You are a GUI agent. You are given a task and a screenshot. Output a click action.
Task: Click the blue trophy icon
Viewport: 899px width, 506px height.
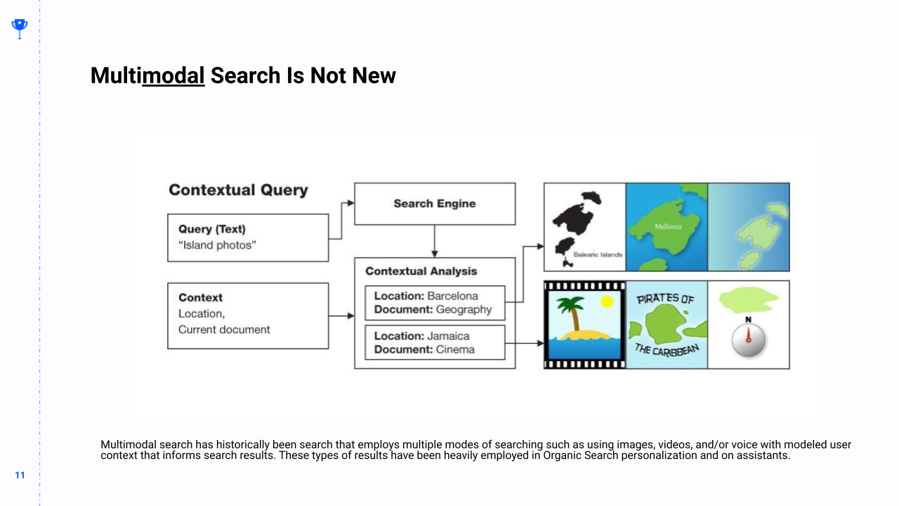coord(19,29)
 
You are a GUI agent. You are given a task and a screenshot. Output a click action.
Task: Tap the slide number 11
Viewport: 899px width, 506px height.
coord(20,475)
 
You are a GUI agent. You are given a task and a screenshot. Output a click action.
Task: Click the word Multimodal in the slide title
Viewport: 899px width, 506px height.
coord(147,75)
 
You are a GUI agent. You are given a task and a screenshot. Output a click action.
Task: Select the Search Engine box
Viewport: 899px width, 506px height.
coord(435,204)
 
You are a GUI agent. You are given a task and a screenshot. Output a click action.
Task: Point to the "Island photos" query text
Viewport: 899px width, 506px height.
coord(217,245)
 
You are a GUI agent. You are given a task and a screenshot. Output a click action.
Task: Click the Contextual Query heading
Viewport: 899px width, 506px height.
coord(238,190)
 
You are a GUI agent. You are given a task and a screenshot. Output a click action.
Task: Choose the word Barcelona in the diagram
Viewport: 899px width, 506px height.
coord(453,296)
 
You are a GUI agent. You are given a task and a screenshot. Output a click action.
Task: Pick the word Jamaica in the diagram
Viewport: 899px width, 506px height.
coord(448,336)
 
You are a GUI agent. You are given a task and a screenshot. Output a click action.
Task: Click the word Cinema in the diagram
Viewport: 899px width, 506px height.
coord(455,349)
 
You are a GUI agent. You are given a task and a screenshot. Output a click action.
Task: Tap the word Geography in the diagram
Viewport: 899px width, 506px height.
coord(464,310)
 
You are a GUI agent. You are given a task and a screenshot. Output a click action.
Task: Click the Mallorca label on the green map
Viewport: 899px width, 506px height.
coord(668,226)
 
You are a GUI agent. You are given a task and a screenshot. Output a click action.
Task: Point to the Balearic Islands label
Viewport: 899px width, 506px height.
coord(598,254)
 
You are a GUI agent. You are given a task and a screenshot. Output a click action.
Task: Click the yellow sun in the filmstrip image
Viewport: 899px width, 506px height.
coord(607,301)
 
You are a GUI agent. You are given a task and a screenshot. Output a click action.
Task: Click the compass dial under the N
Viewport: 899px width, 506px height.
coord(748,340)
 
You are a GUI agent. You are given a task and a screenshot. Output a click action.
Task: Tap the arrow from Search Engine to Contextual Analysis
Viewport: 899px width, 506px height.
coord(435,241)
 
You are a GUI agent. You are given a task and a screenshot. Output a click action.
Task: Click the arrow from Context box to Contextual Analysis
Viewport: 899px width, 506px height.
coord(341,316)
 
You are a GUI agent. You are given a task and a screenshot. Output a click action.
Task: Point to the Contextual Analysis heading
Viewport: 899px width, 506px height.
coord(421,271)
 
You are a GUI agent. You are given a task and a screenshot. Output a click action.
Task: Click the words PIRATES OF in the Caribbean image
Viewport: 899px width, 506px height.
coord(665,299)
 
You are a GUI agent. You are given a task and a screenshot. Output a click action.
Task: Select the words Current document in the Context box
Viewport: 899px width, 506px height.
coord(224,330)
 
